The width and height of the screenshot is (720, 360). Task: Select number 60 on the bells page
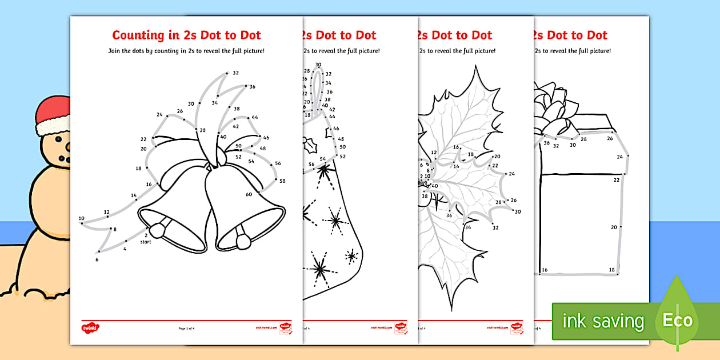(249, 194)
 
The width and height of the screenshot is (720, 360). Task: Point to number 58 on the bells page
(282, 181)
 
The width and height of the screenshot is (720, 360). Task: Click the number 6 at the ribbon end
(97, 259)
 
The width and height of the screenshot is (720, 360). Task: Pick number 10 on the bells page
(81, 218)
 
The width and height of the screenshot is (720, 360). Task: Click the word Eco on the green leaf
(677, 320)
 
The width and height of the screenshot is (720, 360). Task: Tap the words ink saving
(602, 321)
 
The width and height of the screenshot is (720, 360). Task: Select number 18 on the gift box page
(611, 270)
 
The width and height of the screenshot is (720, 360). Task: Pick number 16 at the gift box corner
(544, 270)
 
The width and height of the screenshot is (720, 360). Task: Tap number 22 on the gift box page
(616, 180)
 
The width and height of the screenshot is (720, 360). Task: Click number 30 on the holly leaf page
(518, 212)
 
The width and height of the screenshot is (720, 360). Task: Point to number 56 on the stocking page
(311, 165)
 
